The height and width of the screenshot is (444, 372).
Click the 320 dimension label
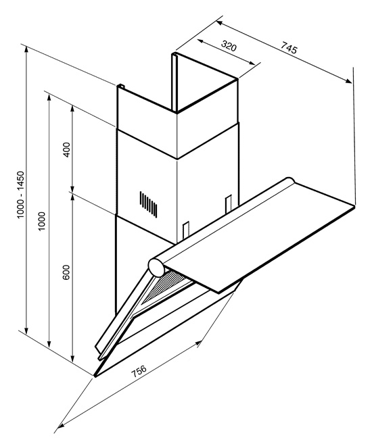(229, 46)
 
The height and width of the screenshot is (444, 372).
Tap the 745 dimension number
(289, 47)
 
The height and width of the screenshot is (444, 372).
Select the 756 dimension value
(139, 371)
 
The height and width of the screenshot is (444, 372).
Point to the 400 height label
(66, 149)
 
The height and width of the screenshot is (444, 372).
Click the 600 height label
(66, 272)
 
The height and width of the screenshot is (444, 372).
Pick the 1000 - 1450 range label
(22, 195)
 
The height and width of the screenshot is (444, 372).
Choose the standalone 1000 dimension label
(42, 221)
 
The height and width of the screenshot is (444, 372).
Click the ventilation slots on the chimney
(148, 204)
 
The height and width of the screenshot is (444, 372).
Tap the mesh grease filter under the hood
(164, 286)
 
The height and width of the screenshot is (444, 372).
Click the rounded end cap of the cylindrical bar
(157, 268)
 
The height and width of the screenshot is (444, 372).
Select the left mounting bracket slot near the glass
(186, 230)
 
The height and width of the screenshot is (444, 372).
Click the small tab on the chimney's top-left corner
(121, 86)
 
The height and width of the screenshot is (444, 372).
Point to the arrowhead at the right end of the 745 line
(348, 80)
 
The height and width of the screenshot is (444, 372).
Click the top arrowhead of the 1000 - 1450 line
(26, 50)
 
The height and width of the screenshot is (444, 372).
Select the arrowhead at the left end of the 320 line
(201, 41)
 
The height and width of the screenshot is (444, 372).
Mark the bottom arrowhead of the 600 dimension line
(72, 358)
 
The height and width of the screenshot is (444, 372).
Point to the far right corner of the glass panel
(354, 206)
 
